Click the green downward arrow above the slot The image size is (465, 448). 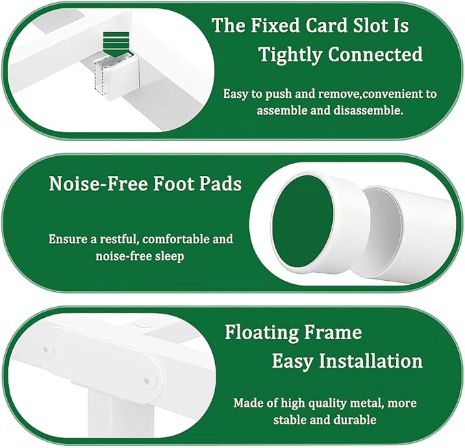116,45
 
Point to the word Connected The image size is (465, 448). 375,54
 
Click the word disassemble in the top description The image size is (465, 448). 368,110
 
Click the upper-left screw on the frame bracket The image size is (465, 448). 47,349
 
